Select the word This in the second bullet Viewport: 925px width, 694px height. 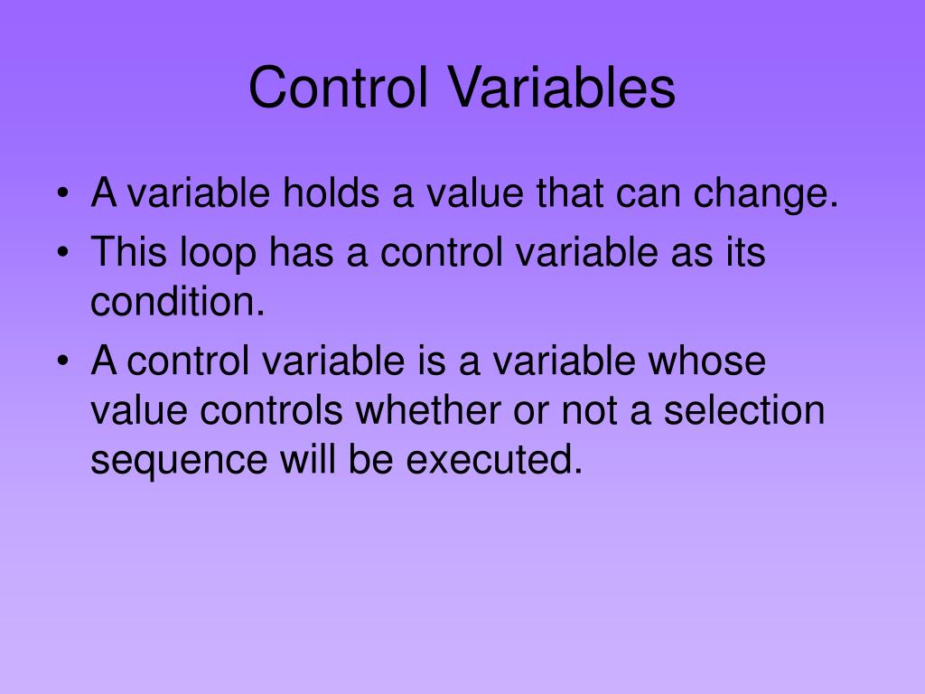[126, 252]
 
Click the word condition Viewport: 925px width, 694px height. [177, 302]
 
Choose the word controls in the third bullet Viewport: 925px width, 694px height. [271, 411]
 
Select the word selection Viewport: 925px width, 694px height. [744, 411]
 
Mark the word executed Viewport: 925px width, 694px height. [491, 460]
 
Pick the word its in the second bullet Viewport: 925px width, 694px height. [744, 252]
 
